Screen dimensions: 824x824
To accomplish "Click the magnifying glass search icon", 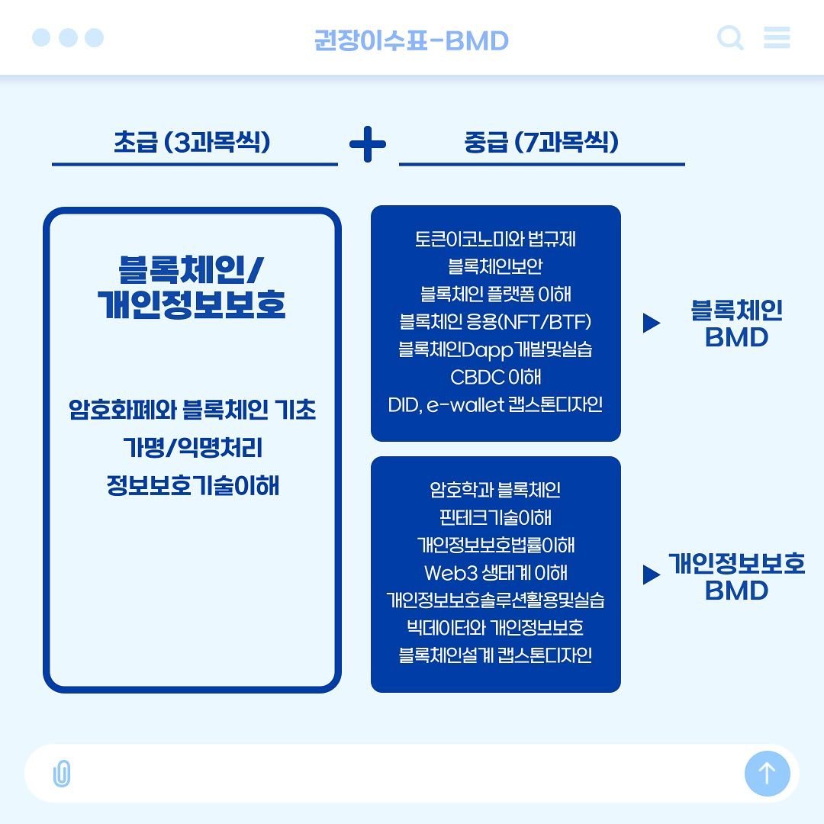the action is [730, 37].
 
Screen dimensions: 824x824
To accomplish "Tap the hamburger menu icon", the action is [777, 37].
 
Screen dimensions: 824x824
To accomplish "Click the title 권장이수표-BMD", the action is [411, 40].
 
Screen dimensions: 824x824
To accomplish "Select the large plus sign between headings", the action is [368, 144].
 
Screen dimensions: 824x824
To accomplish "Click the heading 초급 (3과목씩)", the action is [192, 142].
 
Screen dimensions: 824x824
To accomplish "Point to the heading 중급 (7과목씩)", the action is [541, 142].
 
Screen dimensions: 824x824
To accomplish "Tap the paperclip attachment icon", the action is [62, 773].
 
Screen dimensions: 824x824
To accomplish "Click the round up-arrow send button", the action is [768, 773].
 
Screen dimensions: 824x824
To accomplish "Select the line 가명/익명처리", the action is [192, 448].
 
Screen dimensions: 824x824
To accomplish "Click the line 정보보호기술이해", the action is [192, 485].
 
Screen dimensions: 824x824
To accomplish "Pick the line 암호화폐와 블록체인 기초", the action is [192, 410].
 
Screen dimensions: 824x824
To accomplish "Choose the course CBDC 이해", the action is [496, 377].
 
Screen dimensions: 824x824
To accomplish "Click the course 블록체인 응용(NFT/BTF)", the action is [496, 322].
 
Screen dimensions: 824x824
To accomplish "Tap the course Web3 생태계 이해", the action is [496, 572].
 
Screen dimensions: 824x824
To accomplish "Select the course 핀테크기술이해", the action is [496, 517].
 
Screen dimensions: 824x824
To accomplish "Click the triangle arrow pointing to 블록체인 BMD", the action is [651, 323].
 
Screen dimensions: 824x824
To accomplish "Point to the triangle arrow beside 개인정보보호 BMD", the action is [651, 575].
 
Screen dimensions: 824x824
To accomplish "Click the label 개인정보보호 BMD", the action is [737, 577].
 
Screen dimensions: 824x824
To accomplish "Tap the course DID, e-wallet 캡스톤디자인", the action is [496, 404].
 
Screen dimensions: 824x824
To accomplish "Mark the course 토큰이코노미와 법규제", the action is [496, 239].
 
